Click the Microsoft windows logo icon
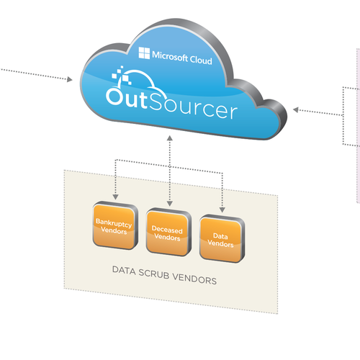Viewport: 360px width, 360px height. click(144, 53)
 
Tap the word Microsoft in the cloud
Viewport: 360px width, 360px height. click(170, 56)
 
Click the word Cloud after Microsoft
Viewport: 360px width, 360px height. click(201, 60)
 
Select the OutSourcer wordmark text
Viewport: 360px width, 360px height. click(171, 104)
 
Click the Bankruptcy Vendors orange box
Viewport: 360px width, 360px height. click(115, 225)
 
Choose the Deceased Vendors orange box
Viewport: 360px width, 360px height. click(168, 233)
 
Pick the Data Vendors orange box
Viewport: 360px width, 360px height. click(222, 239)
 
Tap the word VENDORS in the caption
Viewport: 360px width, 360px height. click(194, 279)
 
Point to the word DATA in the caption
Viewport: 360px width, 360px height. click(124, 270)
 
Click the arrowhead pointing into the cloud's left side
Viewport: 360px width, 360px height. click(70, 79)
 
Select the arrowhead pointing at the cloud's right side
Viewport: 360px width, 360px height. click(296, 110)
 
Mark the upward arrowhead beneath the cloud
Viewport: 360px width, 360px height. click(170, 138)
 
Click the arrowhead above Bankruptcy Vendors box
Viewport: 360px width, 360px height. click(115, 197)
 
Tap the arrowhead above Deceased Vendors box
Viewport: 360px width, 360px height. click(170, 204)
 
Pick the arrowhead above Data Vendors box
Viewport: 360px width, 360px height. click(222, 210)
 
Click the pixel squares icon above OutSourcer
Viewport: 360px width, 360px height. click(122, 75)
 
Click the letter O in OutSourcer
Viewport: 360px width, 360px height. click(114, 96)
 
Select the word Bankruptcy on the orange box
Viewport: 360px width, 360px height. click(114, 222)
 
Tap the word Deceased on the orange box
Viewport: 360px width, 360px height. click(167, 230)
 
